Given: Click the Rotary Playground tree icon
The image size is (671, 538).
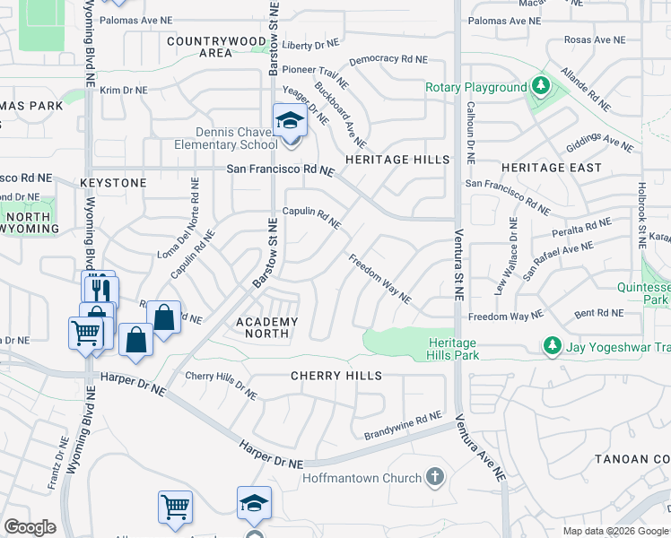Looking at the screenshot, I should pyautogui.click(x=540, y=87).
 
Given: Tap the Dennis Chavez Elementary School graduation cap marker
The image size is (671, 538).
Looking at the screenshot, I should pyautogui.click(x=291, y=121).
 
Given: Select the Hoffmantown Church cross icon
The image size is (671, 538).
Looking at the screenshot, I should pyautogui.click(x=435, y=475).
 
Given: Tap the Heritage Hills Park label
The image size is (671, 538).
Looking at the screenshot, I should pyautogui.click(x=453, y=349).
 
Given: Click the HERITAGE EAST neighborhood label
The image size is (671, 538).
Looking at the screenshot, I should pyautogui.click(x=539, y=168).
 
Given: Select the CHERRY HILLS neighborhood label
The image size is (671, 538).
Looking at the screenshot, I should pyautogui.click(x=336, y=376).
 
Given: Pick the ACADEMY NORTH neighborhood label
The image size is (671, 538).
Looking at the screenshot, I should pyautogui.click(x=266, y=327).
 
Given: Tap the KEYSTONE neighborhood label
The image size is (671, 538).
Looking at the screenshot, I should pyautogui.click(x=113, y=183).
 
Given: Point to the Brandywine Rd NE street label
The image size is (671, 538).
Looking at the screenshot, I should pyautogui.click(x=403, y=426).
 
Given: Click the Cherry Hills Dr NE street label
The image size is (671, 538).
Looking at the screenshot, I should pyautogui.click(x=221, y=386).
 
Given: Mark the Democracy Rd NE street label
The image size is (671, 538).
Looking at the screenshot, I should pyautogui.click(x=388, y=59).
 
